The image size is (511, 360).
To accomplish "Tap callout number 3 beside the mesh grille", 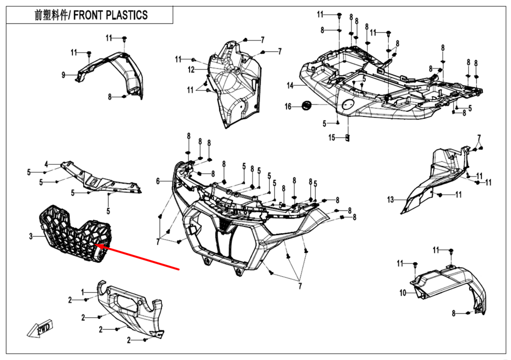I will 31,236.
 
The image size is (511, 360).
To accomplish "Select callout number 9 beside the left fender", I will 64,75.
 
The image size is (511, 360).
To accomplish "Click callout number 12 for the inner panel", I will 190,69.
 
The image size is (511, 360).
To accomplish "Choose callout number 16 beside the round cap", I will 288,106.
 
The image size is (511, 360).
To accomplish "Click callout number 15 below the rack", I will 332,137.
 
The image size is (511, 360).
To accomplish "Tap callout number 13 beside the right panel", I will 391,200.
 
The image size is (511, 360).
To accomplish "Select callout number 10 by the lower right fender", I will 403,293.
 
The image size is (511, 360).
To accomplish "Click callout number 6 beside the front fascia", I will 158,181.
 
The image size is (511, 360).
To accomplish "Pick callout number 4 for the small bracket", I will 46,164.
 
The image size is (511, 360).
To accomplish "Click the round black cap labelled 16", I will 307,105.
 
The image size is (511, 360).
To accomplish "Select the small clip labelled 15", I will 347,137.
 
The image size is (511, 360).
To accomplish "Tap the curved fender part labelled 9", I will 118,71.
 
